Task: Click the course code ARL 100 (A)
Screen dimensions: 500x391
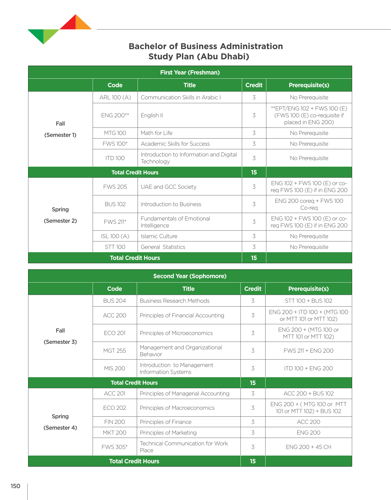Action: [x=115, y=97]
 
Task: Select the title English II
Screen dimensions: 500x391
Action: [x=152, y=115]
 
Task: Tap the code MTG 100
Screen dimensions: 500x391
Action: [x=115, y=133]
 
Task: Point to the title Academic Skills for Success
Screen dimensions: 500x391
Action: [x=175, y=144]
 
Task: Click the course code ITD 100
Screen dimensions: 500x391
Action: [x=115, y=158]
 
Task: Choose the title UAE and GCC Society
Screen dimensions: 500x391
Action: [x=168, y=187]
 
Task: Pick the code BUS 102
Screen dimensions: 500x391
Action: [x=115, y=204]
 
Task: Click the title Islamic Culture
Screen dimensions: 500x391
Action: [x=159, y=236]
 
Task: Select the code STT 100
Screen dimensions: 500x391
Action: [x=115, y=247]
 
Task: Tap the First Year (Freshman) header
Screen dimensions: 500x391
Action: [x=190, y=72]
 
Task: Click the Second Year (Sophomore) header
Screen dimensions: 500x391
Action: [x=190, y=276]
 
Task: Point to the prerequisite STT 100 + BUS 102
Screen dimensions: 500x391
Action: [x=309, y=301]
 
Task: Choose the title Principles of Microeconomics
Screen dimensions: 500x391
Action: [x=176, y=333]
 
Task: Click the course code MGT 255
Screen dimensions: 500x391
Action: [x=114, y=351]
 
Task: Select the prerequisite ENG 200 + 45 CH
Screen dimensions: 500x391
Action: [x=309, y=447]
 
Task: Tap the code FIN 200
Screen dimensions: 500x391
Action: [x=114, y=422]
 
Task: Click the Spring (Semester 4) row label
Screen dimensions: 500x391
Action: [x=60, y=422]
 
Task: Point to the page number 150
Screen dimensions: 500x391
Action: [x=15, y=486]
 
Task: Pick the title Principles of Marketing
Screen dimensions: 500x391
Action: [x=168, y=433]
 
